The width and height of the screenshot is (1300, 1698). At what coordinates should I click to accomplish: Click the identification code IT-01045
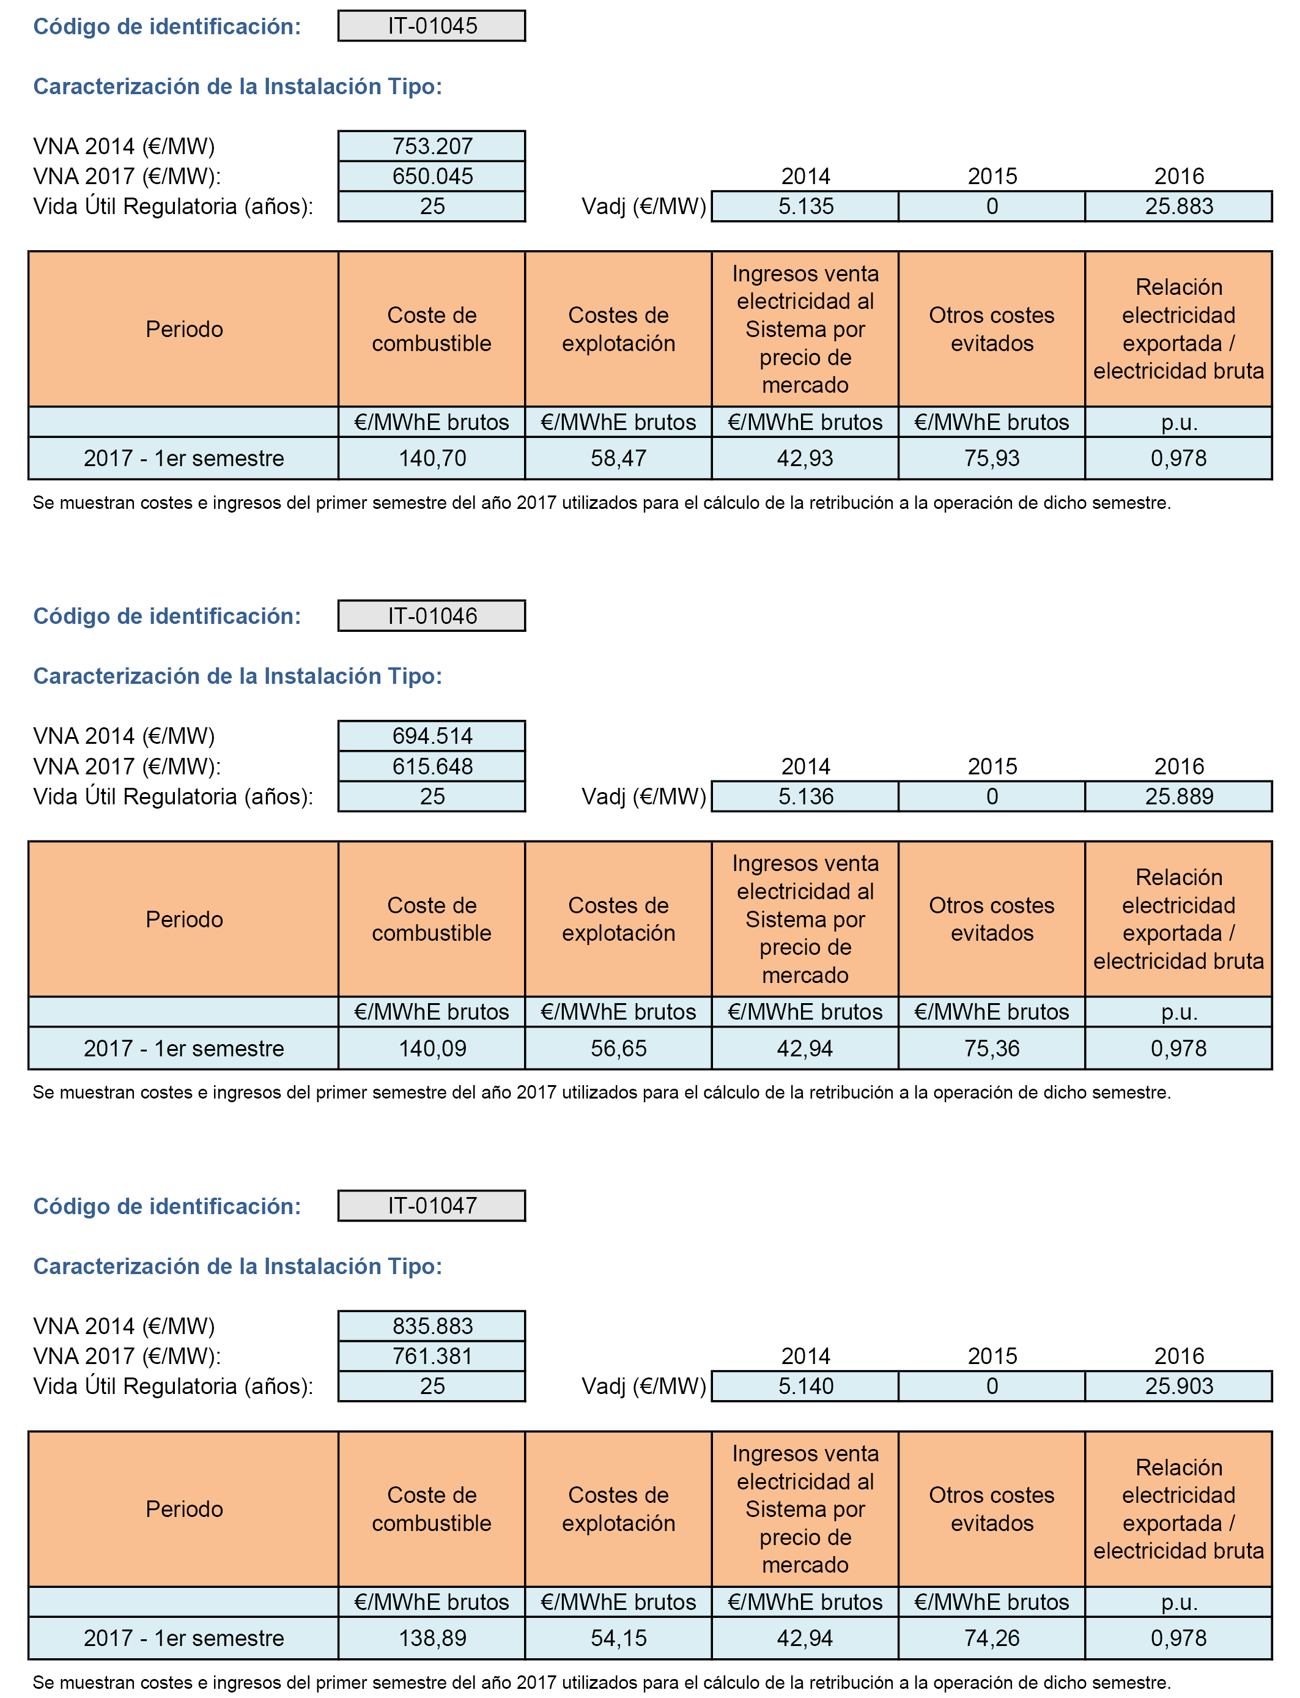point(432,26)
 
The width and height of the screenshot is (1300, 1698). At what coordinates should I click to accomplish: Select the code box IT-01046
point(432,616)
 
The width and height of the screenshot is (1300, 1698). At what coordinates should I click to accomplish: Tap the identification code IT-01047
point(432,1205)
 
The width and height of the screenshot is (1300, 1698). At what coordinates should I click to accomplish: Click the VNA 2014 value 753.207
point(432,146)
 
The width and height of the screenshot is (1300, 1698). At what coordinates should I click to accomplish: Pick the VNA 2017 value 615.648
point(432,766)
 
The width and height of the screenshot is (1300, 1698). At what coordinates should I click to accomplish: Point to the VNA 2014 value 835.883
point(432,1325)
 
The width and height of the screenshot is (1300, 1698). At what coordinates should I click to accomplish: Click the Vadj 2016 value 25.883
point(1178,207)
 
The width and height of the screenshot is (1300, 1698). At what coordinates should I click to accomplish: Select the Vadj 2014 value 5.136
point(805,796)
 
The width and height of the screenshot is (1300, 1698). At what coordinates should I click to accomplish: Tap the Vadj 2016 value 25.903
point(1178,1386)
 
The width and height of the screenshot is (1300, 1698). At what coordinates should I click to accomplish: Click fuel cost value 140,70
point(432,458)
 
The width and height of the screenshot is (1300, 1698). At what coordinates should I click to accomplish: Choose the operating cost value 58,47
point(618,458)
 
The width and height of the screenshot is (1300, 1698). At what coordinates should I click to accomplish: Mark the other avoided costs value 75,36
point(991,1048)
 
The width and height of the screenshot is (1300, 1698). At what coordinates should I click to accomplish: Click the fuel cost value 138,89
point(432,1639)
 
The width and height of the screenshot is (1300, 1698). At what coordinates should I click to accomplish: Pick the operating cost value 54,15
point(618,1639)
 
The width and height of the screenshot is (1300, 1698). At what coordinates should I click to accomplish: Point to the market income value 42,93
point(805,458)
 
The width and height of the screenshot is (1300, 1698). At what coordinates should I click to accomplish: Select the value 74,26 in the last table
point(991,1639)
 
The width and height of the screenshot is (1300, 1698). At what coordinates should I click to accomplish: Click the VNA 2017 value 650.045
point(432,176)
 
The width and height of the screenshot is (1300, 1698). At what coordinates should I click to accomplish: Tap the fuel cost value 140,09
point(432,1048)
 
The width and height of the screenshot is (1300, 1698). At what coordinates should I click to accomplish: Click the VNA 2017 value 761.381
point(432,1356)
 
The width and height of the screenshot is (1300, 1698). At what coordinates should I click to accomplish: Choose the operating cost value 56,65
point(618,1048)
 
